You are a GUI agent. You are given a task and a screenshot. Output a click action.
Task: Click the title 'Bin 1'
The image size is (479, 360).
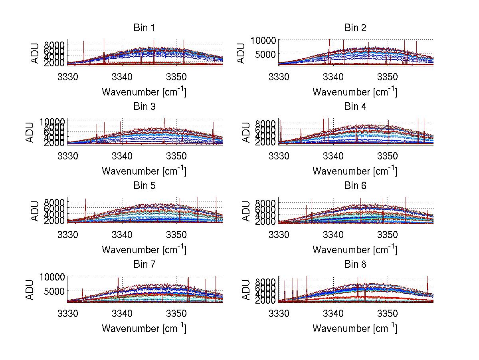click(144, 28)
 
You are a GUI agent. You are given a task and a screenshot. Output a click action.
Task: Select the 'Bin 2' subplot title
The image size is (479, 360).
click(355, 28)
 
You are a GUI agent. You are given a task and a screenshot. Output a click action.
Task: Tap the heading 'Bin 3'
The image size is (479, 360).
click(144, 107)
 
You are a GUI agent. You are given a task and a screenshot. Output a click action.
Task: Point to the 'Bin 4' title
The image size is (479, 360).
click(355, 107)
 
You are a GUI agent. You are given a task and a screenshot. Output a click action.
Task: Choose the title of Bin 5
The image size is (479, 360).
click(144, 186)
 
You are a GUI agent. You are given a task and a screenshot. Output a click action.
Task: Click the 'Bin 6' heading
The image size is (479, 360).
click(355, 186)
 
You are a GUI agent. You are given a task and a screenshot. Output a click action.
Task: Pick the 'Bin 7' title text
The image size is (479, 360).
click(144, 265)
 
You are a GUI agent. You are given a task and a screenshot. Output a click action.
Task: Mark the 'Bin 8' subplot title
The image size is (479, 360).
click(355, 265)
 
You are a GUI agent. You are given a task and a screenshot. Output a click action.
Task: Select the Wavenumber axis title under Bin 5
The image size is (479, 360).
click(144, 250)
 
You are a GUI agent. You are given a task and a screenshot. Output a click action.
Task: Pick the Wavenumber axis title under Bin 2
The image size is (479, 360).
click(355, 91)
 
